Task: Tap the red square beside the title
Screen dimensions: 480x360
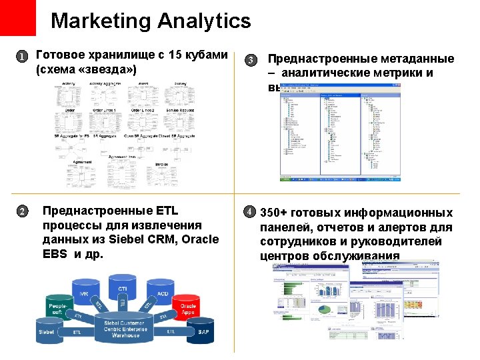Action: coord(17,17)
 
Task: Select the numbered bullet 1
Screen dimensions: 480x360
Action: coord(22,57)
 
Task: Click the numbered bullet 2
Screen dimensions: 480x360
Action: coord(22,211)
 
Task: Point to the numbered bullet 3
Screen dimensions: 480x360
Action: coord(250,60)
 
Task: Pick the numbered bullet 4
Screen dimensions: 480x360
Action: coord(249,211)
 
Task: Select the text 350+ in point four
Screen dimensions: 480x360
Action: coord(274,213)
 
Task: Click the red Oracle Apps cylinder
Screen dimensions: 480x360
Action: coord(189,309)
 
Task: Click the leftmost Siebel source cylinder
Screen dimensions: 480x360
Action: coord(47,331)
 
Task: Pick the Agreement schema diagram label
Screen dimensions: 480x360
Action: coord(82,161)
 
